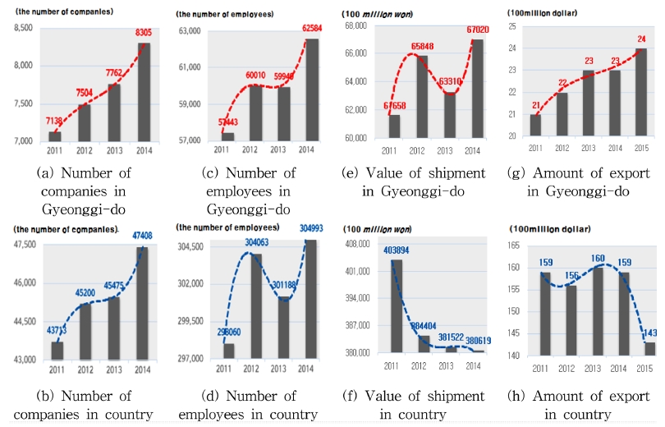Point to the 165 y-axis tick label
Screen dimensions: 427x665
(x=516, y=246)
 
